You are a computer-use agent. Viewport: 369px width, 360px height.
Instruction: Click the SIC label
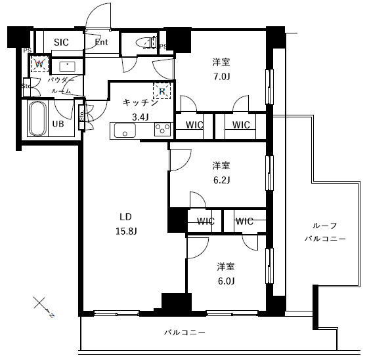(62, 43)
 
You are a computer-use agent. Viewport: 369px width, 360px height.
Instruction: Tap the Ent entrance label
(101, 43)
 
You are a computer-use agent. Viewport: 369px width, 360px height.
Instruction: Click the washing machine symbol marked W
(39, 64)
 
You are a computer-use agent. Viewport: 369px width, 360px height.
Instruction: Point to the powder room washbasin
(66, 66)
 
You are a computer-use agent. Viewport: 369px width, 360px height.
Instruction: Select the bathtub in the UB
(36, 119)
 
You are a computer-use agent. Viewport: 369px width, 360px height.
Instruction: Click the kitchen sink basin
(124, 130)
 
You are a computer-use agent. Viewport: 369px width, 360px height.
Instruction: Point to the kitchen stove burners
(161, 130)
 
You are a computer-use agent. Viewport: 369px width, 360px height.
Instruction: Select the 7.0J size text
(221, 76)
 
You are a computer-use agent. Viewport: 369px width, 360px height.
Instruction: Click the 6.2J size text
(221, 180)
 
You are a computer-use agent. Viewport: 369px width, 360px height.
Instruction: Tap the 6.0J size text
(227, 281)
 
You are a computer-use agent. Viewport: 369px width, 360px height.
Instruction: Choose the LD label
(124, 216)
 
